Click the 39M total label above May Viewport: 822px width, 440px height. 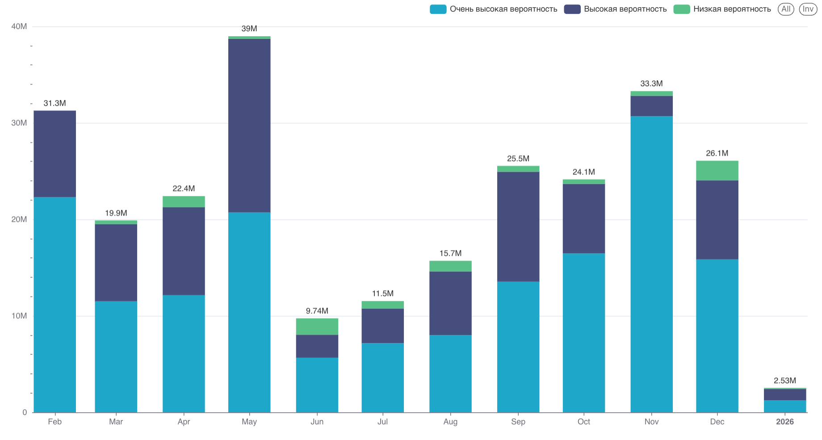(x=249, y=29)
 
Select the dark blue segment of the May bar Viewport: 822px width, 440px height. (x=249, y=125)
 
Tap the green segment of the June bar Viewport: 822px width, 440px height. (x=317, y=326)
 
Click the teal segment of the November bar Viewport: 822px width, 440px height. (x=651, y=264)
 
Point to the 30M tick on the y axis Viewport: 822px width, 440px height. (x=19, y=123)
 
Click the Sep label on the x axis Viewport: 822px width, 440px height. (x=518, y=422)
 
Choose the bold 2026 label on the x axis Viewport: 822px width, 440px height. (x=784, y=422)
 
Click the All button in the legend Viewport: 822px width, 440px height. (x=785, y=9)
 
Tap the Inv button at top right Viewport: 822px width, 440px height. (x=808, y=9)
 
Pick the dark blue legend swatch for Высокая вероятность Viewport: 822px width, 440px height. (x=572, y=9)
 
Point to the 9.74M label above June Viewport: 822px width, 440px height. (x=317, y=311)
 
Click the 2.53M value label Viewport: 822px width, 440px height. (x=784, y=381)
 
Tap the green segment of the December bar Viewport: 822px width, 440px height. (x=717, y=170)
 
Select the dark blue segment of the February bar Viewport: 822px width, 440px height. (x=55, y=154)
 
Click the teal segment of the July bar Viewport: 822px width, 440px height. (x=382, y=378)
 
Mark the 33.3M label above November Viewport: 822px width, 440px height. (x=651, y=83)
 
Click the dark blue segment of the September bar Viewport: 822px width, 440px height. (x=518, y=227)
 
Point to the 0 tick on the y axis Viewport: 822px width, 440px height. (x=25, y=412)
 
